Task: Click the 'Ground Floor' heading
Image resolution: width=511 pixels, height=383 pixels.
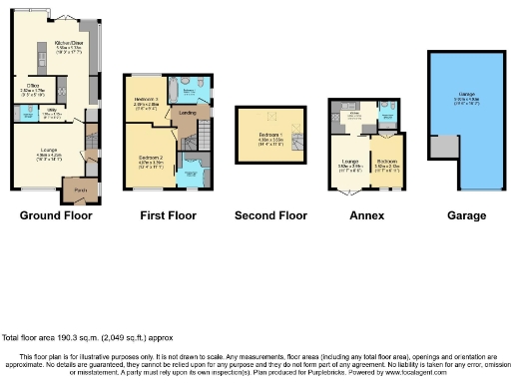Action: point(56,214)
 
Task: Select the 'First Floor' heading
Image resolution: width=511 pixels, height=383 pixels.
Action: point(166,214)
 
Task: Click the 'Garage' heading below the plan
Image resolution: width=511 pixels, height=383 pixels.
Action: point(466,214)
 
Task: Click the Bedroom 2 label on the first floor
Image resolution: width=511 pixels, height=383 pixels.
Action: point(150,157)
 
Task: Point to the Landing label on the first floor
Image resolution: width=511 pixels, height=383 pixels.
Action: point(187,113)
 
